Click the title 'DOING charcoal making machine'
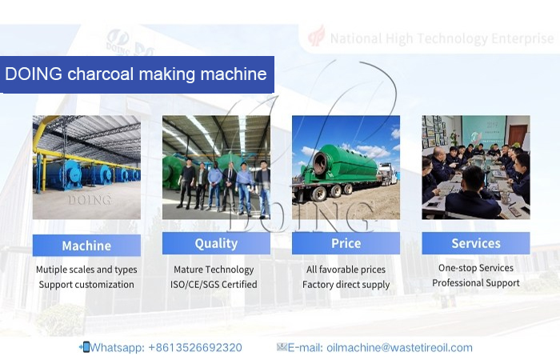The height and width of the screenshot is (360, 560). coord(136,75)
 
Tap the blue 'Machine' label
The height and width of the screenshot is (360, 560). coord(86,245)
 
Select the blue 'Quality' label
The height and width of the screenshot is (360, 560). coord(216,243)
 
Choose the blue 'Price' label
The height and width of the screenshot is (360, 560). coord(346,243)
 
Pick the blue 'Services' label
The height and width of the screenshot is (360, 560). coord(475,243)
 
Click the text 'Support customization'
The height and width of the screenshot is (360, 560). coord(86,285)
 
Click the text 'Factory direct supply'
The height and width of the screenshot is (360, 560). coord(346,285)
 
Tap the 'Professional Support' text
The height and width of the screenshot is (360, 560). coord(475,283)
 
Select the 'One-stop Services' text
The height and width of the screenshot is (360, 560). coord(475,268)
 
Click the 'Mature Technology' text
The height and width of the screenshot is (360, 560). coord(214,270)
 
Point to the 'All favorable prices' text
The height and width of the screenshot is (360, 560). coord(346,270)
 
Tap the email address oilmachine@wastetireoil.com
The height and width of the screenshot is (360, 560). coord(374,347)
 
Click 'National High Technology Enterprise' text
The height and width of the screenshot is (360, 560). coord(441,38)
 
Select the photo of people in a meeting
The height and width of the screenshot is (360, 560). coord(475,167)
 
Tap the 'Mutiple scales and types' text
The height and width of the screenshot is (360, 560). coord(86,270)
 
